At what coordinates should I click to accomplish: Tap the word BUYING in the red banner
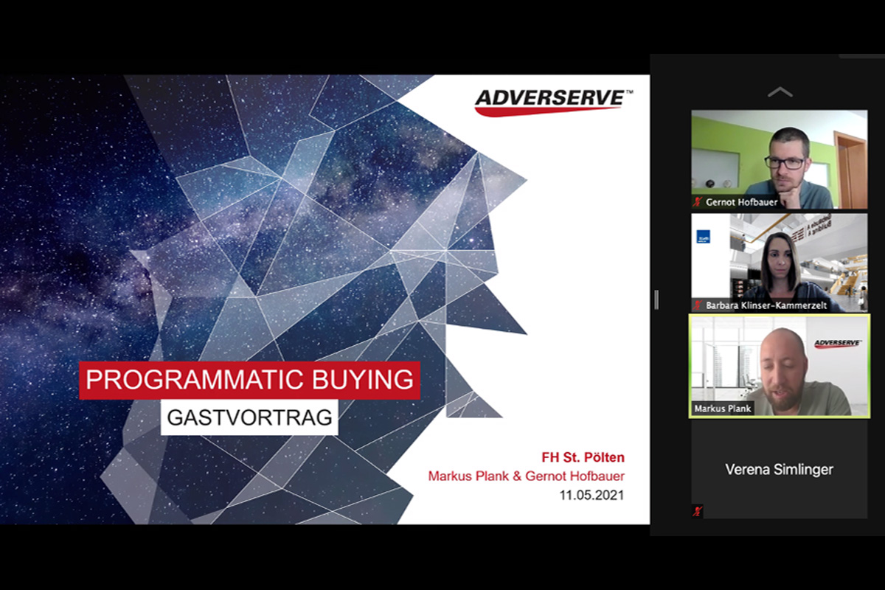pyautogui.click(x=363, y=380)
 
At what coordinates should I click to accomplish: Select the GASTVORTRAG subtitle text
pyautogui.click(x=249, y=417)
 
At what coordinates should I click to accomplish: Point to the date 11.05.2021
pyautogui.click(x=591, y=495)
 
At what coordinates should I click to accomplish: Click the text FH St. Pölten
pyautogui.click(x=583, y=457)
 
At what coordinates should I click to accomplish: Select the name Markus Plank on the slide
pyautogui.click(x=468, y=476)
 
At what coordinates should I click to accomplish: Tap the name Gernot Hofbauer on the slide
pyautogui.click(x=575, y=476)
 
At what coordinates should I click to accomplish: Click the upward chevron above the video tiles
pyautogui.click(x=780, y=92)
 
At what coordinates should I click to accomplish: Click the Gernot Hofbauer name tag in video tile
pyautogui.click(x=741, y=202)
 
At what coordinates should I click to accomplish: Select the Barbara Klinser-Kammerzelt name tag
pyautogui.click(x=766, y=305)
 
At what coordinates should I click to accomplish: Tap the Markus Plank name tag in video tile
pyautogui.click(x=722, y=409)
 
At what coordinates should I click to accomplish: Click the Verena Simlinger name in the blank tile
pyautogui.click(x=779, y=470)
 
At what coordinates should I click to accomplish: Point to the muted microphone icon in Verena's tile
pyautogui.click(x=698, y=511)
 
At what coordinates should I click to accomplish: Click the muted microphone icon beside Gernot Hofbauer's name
pyautogui.click(x=698, y=202)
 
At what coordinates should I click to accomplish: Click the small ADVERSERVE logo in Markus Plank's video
pyautogui.click(x=838, y=343)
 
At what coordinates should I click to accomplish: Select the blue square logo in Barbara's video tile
pyautogui.click(x=704, y=236)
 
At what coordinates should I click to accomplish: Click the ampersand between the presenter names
pyautogui.click(x=517, y=476)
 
